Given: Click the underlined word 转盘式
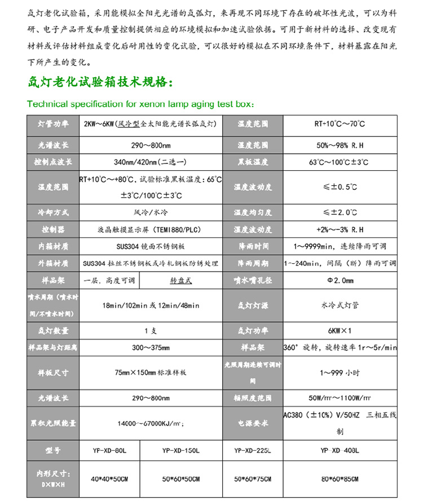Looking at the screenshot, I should point(180,280).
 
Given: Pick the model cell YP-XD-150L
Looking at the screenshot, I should point(181,450).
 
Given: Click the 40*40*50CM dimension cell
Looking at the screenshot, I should point(110,478).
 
